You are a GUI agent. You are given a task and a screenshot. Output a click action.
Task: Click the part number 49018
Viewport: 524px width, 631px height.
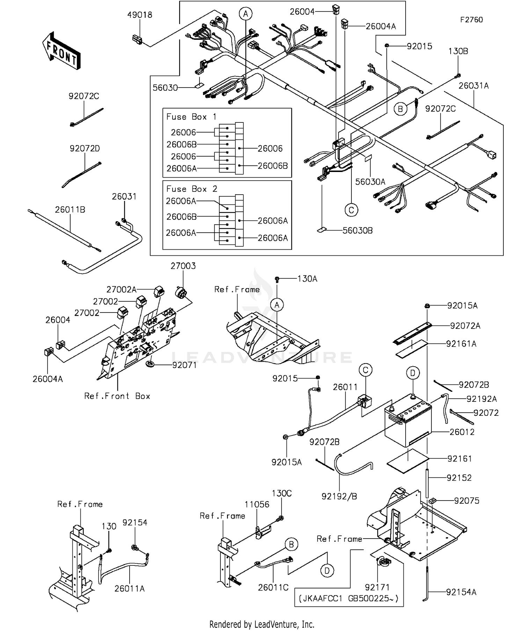139,15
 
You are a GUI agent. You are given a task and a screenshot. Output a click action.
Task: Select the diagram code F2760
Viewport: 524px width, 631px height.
471,20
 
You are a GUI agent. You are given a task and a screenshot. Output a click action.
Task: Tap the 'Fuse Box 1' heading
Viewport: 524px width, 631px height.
191,117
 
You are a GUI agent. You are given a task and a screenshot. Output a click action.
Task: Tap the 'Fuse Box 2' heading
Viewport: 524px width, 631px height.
191,189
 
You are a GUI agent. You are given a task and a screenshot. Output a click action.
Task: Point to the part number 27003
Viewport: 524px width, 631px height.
183,266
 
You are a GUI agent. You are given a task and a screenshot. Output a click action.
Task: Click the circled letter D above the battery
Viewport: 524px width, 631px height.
412,373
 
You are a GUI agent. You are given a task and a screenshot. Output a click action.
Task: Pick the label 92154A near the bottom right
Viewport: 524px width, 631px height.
461,592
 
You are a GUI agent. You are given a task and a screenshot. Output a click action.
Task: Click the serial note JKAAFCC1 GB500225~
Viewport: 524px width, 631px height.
349,599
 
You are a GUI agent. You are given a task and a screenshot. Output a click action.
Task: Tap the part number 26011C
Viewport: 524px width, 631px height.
273,587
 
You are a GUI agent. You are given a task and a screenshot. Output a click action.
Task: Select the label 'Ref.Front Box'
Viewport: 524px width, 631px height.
117,396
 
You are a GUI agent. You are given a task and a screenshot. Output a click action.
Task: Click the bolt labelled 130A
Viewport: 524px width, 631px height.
277,279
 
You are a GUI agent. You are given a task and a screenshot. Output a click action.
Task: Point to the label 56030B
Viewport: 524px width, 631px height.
357,231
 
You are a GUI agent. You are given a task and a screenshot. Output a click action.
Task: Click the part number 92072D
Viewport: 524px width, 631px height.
85,149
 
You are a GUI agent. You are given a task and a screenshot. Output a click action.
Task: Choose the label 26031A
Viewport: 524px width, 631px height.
473,86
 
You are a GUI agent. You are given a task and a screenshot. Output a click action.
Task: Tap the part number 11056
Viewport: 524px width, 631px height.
257,504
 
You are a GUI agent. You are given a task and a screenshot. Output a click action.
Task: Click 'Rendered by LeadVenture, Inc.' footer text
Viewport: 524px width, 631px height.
262,624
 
